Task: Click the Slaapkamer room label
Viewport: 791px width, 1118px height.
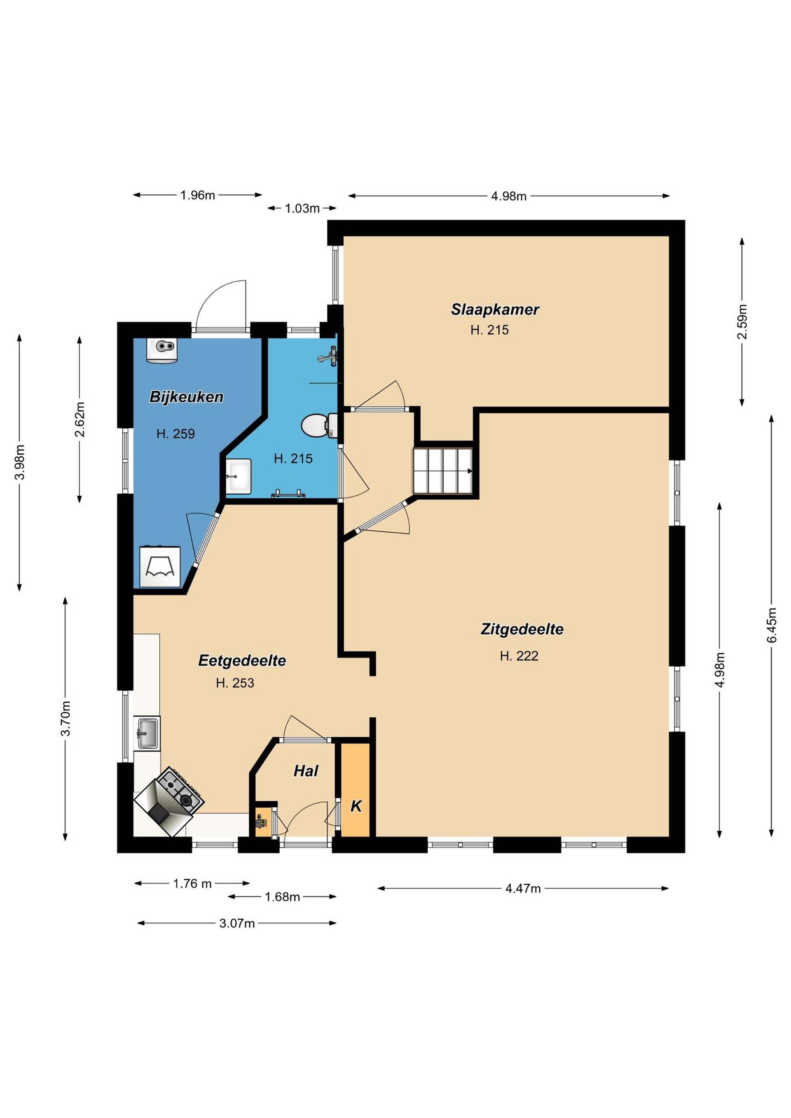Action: pyautogui.click(x=495, y=309)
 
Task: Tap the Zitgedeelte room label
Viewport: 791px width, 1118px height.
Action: pyautogui.click(x=522, y=629)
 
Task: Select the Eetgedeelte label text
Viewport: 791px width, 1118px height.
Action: pyautogui.click(x=242, y=661)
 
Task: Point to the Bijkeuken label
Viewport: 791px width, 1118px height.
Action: pyautogui.click(x=187, y=397)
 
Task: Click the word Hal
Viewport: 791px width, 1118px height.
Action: pyautogui.click(x=306, y=771)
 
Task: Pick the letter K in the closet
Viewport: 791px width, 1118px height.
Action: pyautogui.click(x=356, y=806)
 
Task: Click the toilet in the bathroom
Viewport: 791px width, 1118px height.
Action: pyautogui.click(x=320, y=425)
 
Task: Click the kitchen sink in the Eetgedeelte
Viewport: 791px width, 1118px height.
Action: pyautogui.click(x=147, y=734)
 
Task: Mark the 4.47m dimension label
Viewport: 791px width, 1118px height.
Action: pyautogui.click(x=523, y=889)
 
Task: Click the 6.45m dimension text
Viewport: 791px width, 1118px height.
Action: pyautogui.click(x=772, y=625)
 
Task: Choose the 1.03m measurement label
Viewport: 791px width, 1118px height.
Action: pyautogui.click(x=302, y=208)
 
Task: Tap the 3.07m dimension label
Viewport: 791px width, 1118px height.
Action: pyautogui.click(x=237, y=923)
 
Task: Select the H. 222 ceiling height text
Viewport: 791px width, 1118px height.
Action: pyautogui.click(x=519, y=656)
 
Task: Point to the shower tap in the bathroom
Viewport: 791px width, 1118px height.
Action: pyautogui.click(x=329, y=356)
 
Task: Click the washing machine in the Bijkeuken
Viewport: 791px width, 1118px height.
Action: pyautogui.click(x=160, y=567)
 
